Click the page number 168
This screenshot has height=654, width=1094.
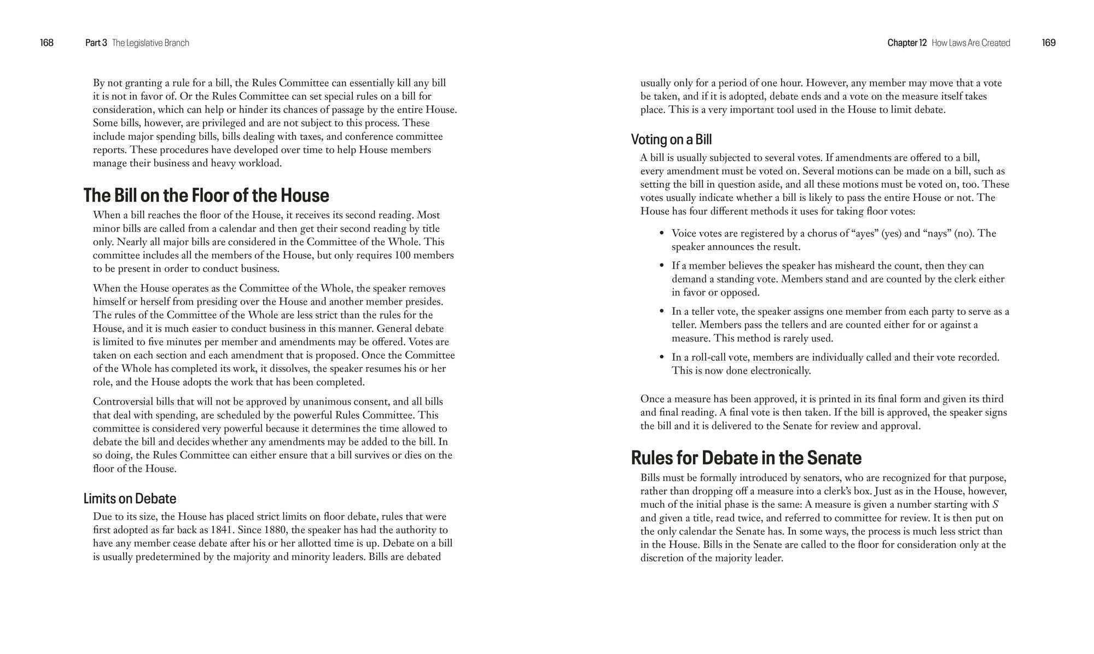46,43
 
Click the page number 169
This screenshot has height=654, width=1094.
1049,43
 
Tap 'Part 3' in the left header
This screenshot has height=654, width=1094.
96,43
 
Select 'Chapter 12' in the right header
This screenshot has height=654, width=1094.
907,43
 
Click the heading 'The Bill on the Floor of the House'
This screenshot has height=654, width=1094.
206,195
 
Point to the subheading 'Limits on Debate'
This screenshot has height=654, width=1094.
130,499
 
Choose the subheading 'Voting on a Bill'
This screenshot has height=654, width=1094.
671,140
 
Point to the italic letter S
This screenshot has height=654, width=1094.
995,505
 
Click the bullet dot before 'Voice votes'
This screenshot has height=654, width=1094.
661,233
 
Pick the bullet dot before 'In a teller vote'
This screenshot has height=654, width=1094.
661,311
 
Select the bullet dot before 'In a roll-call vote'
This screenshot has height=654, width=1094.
661,357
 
